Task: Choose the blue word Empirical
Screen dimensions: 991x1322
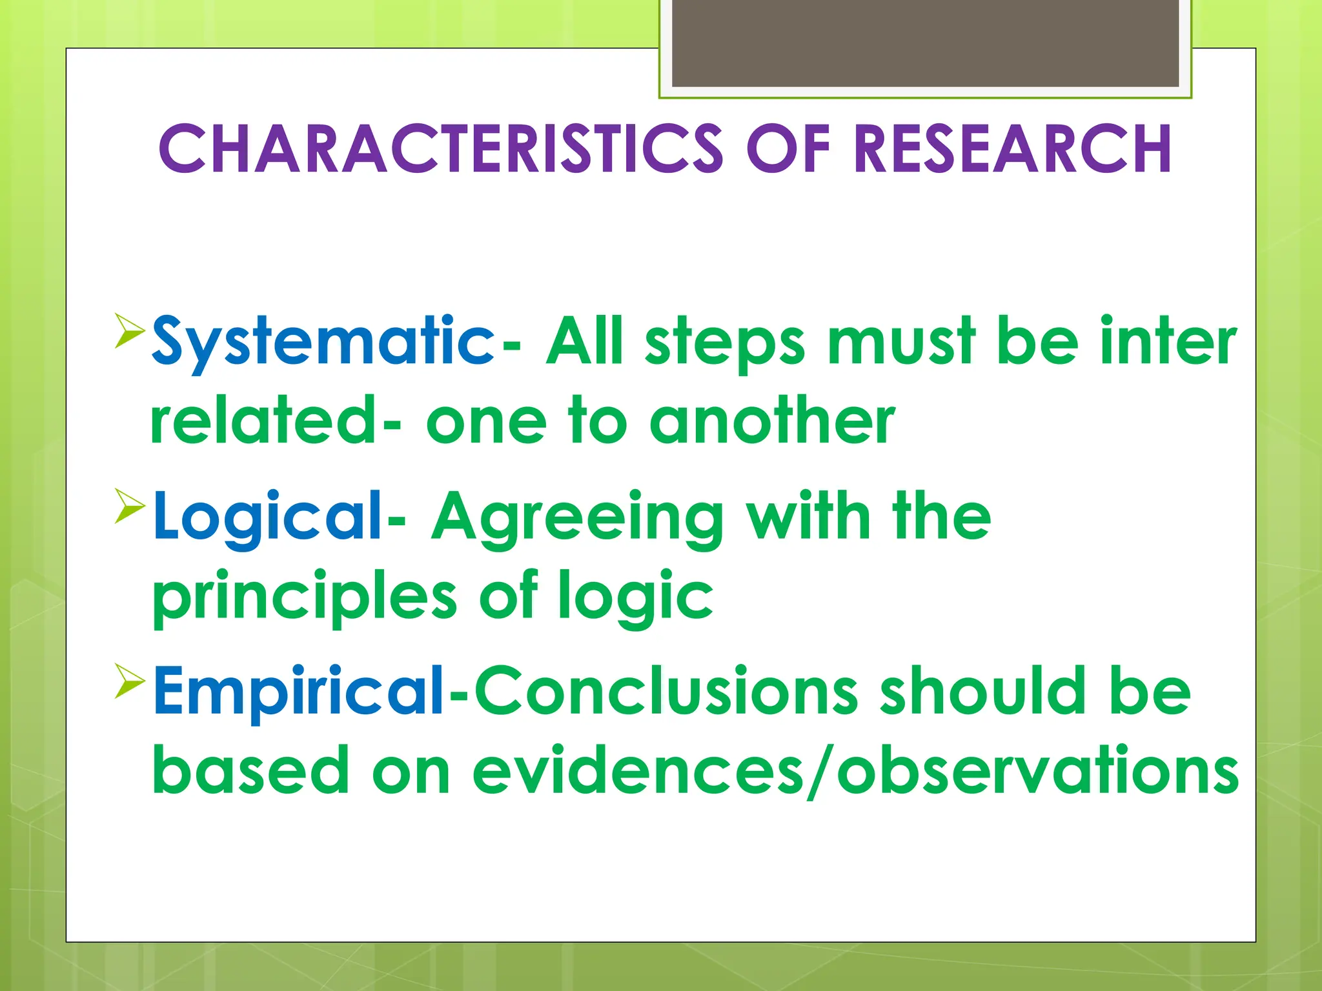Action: [x=298, y=692]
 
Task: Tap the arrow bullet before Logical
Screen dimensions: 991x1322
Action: [x=130, y=505]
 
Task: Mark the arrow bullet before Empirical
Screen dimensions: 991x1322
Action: [x=130, y=680]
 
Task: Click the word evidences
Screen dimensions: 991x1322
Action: [x=638, y=771]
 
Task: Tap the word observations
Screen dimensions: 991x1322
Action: [x=1037, y=771]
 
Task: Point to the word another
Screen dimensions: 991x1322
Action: [x=772, y=421]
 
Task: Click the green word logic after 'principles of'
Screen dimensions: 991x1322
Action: [x=636, y=597]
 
